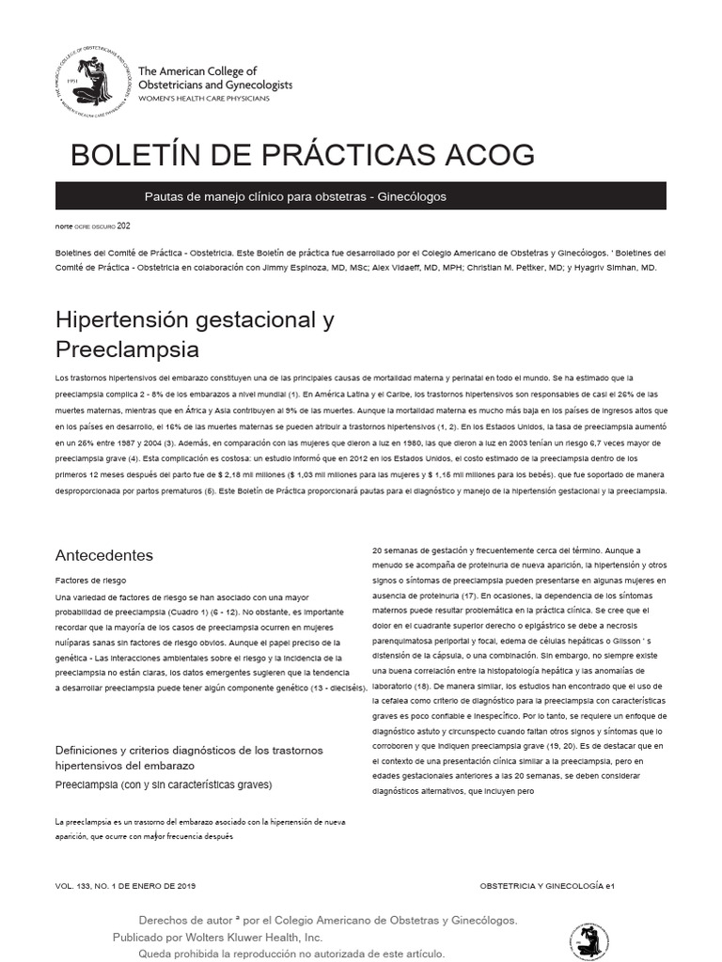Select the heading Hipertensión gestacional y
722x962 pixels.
(195, 319)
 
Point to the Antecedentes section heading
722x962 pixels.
(103, 555)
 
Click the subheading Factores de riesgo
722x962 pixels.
(91, 582)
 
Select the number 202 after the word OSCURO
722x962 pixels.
(124, 226)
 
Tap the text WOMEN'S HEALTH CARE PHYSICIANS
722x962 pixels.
(203, 99)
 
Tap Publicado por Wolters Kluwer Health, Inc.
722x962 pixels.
(217, 938)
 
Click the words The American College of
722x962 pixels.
(196, 71)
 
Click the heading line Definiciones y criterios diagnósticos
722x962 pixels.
(189, 750)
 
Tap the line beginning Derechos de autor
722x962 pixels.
(327, 921)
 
